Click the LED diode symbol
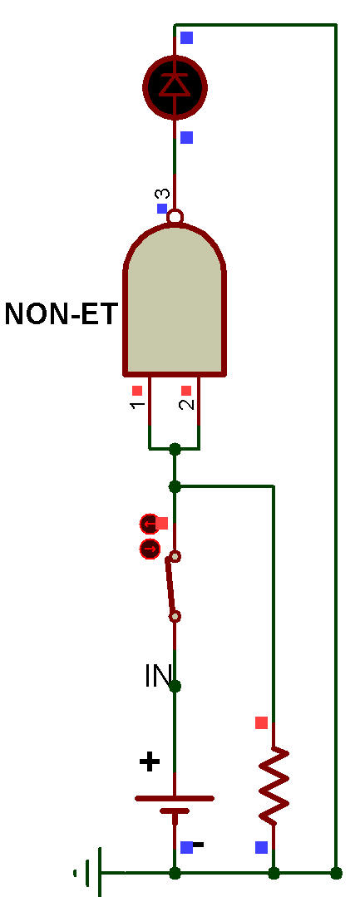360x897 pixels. click(x=175, y=86)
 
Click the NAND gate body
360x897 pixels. click(x=175, y=300)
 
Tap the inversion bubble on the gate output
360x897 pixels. click(x=175, y=216)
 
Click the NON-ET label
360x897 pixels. click(x=62, y=314)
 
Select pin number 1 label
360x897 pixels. click(x=137, y=405)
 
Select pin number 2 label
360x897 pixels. click(x=186, y=404)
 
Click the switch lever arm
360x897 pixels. click(x=170, y=586)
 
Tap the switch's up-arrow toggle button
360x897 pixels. click(x=149, y=523)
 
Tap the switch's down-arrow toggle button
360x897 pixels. click(x=150, y=550)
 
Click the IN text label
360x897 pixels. click(x=159, y=676)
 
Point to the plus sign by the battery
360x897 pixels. click(x=150, y=762)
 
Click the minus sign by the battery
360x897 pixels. click(x=198, y=845)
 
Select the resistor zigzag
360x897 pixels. click(x=274, y=785)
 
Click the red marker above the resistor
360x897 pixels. click(x=262, y=722)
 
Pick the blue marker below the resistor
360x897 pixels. click(x=262, y=847)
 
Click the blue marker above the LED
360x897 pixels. click(x=186, y=37)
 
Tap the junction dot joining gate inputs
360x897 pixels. click(x=175, y=449)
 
